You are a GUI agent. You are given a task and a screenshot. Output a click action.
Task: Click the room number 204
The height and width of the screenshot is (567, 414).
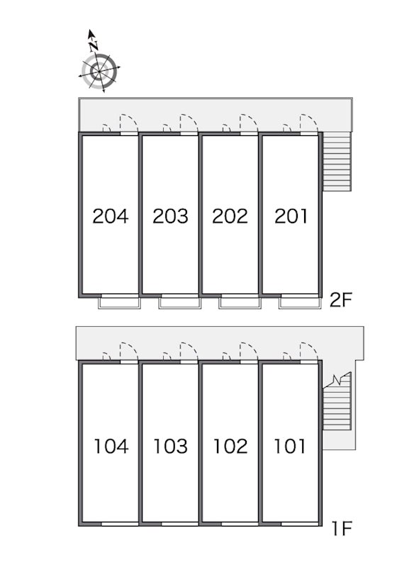(111, 216)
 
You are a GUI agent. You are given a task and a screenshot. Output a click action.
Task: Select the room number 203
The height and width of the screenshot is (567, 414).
(170, 216)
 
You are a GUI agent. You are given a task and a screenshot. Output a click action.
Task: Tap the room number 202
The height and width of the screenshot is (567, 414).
(230, 216)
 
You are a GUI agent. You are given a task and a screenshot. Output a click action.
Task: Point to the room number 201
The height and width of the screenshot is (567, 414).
(291, 216)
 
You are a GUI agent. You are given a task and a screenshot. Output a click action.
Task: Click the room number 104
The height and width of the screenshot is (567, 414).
(111, 446)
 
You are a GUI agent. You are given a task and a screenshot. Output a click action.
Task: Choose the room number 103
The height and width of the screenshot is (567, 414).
(170, 446)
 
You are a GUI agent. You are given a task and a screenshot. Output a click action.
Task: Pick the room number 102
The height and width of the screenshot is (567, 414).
(230, 446)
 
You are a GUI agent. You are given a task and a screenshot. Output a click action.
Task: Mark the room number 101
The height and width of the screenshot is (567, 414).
(290, 446)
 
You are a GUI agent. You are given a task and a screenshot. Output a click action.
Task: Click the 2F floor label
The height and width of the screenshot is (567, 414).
(340, 300)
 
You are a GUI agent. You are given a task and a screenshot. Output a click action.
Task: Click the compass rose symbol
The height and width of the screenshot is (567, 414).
(99, 72)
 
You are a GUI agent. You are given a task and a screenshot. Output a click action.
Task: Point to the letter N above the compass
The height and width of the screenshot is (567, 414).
(94, 46)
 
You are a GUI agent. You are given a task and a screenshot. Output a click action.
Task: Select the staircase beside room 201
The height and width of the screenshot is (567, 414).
(337, 162)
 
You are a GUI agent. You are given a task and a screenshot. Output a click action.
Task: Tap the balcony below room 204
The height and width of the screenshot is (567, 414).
(119, 303)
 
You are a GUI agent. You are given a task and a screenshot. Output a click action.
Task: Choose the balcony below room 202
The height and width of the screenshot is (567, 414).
(240, 303)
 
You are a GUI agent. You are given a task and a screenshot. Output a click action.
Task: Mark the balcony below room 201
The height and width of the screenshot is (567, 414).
(300, 303)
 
